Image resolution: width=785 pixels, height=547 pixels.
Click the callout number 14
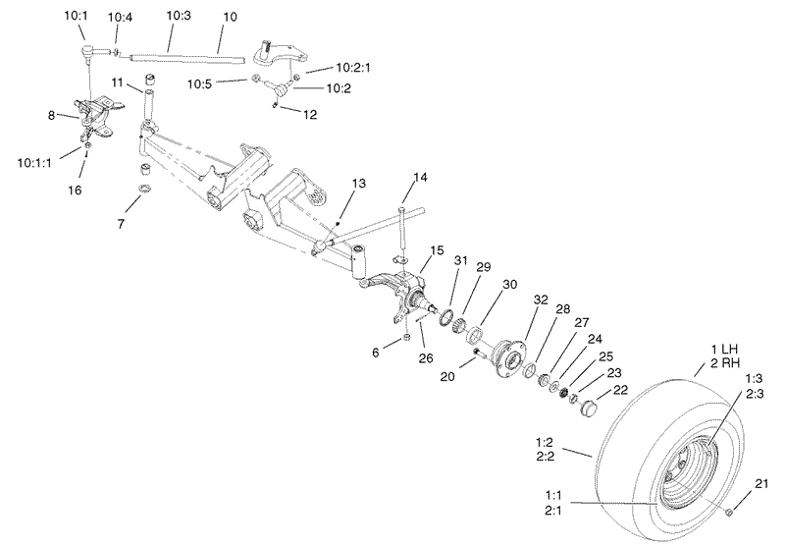point(420,178)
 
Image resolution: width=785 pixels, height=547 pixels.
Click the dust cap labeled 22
point(589,406)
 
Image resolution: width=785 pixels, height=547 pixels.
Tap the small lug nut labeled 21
point(732,512)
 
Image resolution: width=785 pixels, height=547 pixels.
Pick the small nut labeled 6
point(403,339)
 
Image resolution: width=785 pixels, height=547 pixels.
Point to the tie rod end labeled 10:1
point(87,47)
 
